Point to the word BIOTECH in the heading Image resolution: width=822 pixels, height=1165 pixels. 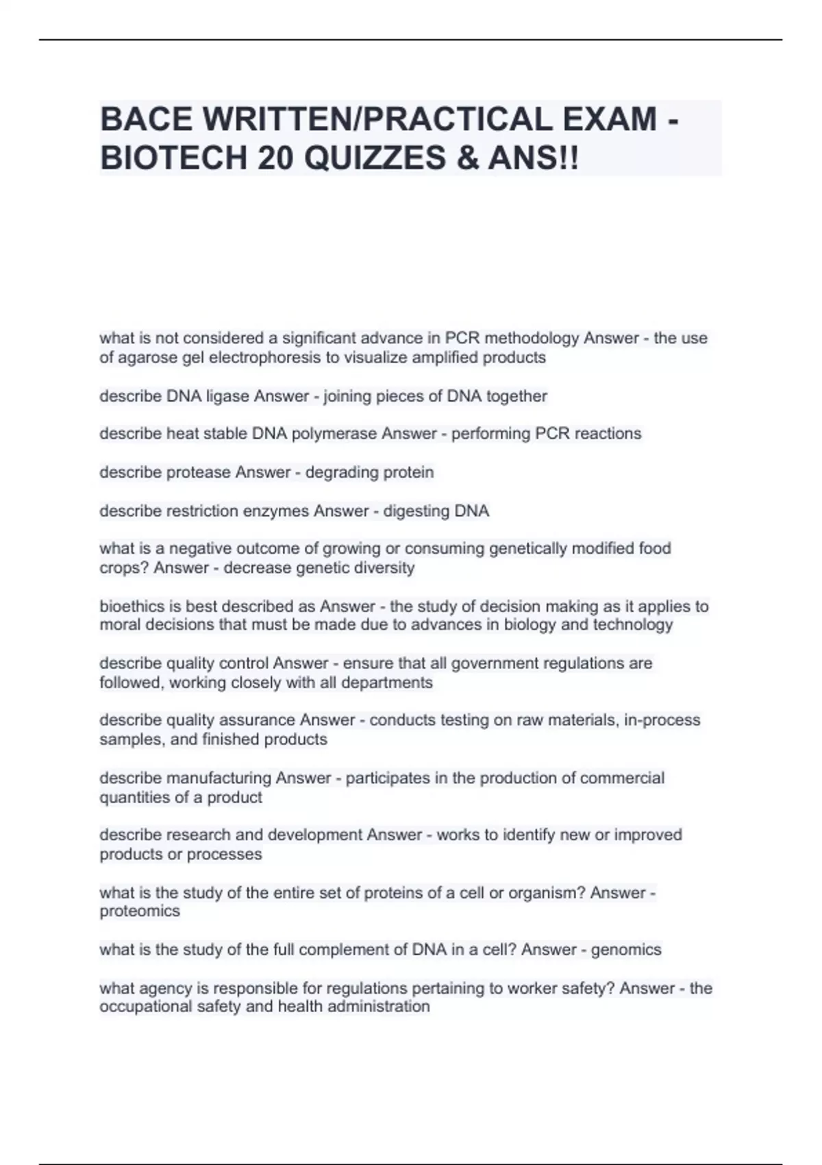coord(173,159)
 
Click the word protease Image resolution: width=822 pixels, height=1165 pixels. coord(199,472)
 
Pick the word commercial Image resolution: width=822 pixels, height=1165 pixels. coord(622,778)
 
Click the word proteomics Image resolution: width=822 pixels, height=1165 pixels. coord(140,911)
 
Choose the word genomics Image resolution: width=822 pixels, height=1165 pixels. coord(626,950)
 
